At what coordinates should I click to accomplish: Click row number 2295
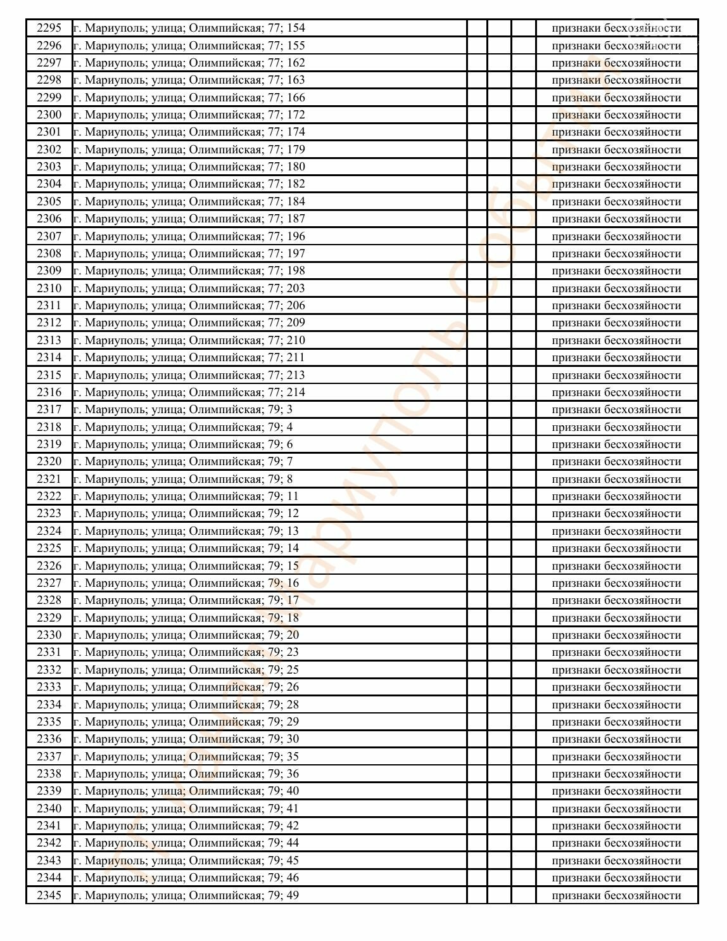(x=49, y=28)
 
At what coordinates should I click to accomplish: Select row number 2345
(x=49, y=895)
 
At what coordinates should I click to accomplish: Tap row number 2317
(x=49, y=409)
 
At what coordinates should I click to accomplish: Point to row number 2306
(x=49, y=219)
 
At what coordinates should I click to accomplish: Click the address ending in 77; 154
(x=189, y=28)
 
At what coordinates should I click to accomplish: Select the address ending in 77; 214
(x=189, y=392)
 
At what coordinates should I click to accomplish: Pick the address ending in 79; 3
(x=183, y=409)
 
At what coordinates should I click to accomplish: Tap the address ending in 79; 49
(x=186, y=895)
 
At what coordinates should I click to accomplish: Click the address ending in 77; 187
(x=189, y=219)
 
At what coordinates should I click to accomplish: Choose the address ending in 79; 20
(x=186, y=635)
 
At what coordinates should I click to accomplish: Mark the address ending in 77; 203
(x=189, y=288)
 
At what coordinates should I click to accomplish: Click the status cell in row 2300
(x=616, y=115)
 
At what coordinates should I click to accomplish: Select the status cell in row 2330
(x=616, y=635)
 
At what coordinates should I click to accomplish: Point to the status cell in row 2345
(x=616, y=895)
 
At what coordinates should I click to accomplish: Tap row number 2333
(x=49, y=687)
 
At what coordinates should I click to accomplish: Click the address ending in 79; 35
(x=186, y=756)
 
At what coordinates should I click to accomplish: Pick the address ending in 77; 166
(x=189, y=98)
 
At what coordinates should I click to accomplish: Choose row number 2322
(x=49, y=496)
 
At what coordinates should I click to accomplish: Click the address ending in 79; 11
(x=186, y=496)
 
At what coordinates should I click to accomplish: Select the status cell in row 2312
(x=616, y=323)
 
